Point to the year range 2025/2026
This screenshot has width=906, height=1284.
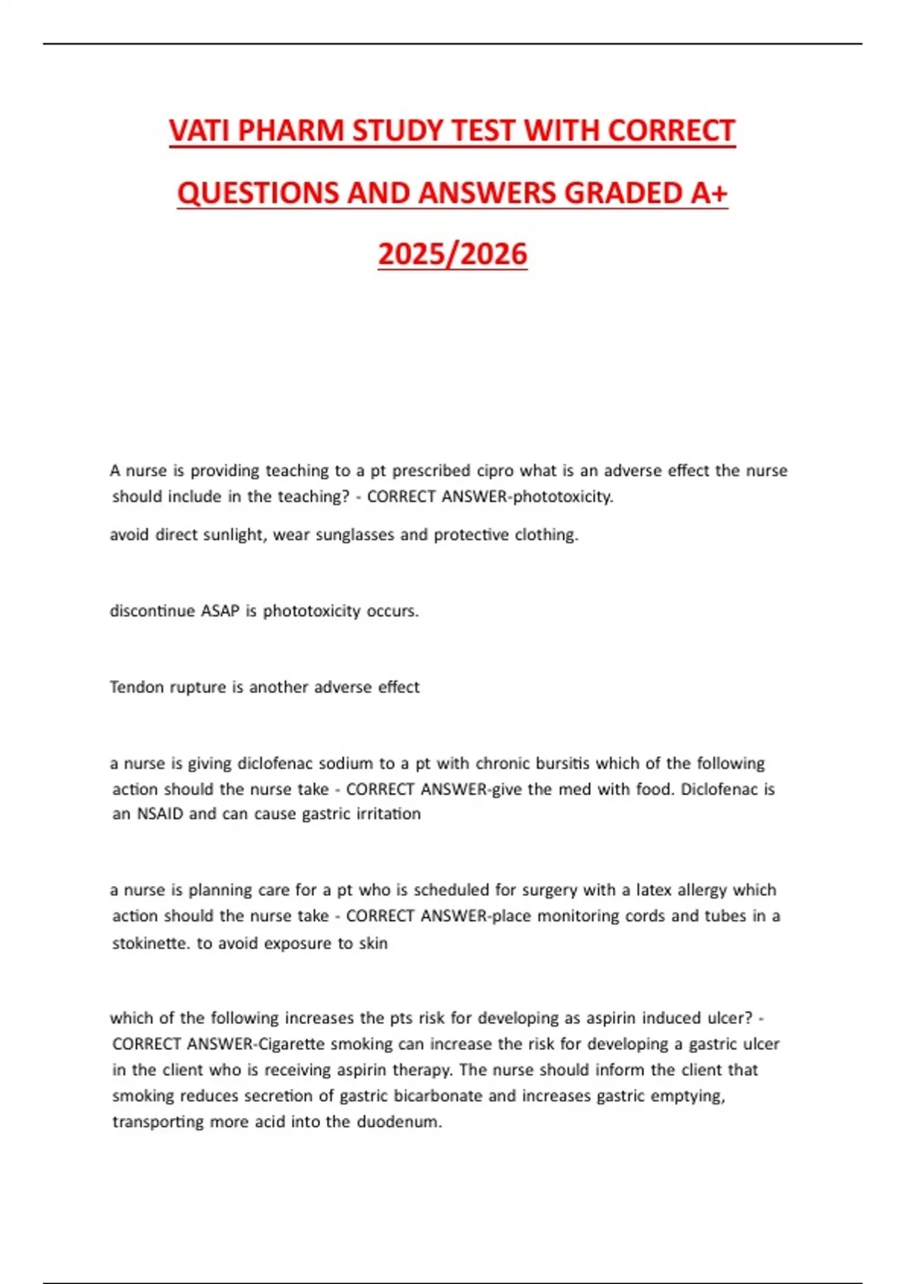click(x=452, y=255)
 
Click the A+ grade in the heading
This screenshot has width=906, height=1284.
click(x=709, y=193)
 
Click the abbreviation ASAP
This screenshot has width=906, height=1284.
click(x=220, y=611)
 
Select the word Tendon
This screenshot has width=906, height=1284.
click(x=136, y=687)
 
